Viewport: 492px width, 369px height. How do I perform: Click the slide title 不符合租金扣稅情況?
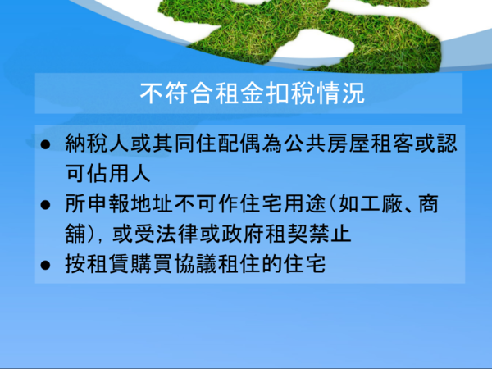pyautogui.click(x=252, y=93)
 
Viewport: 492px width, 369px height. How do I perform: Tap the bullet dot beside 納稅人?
pyautogui.click(x=45, y=144)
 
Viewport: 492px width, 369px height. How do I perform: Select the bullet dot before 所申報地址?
pyautogui.click(x=45, y=205)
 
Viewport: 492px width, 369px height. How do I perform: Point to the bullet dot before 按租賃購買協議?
pyautogui.click(x=45, y=265)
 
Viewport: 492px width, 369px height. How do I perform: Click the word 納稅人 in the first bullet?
pyautogui.click(x=97, y=143)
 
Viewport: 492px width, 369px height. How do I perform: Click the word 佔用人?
pyautogui.click(x=119, y=174)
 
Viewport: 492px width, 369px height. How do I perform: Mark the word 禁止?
pyautogui.click(x=330, y=235)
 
